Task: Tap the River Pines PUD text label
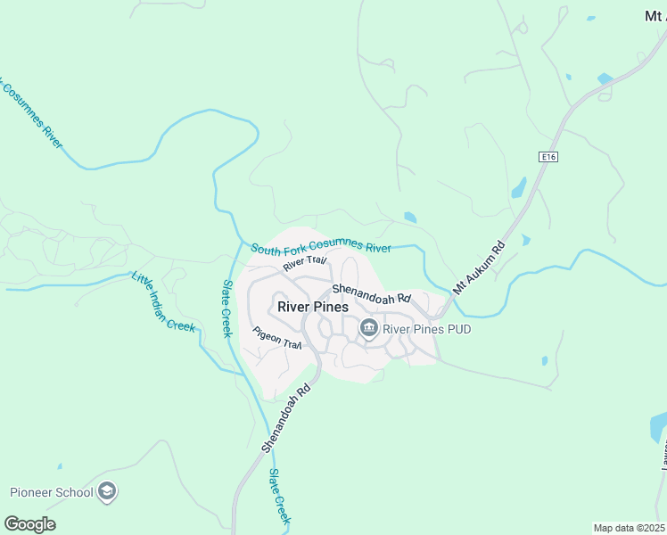point(426,329)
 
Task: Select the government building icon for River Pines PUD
point(368,329)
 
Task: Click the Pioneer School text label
point(51,491)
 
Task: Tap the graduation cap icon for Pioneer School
point(107,491)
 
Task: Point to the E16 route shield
point(548,157)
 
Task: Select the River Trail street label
point(306,263)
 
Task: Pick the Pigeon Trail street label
point(278,338)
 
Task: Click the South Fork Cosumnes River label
point(321,248)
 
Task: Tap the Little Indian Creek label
point(163,301)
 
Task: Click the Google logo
point(29,524)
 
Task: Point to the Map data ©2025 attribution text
point(630,528)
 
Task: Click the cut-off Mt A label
point(655,15)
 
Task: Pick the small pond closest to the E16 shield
point(518,188)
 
